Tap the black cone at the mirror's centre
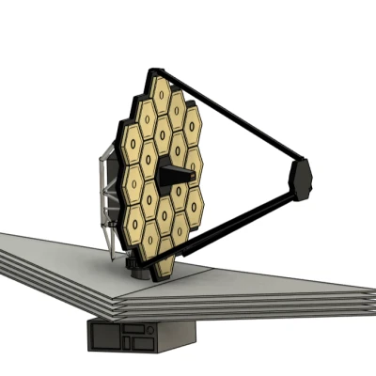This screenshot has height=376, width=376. tap(170, 172)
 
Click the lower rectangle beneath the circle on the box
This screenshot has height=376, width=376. tap(142, 342)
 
